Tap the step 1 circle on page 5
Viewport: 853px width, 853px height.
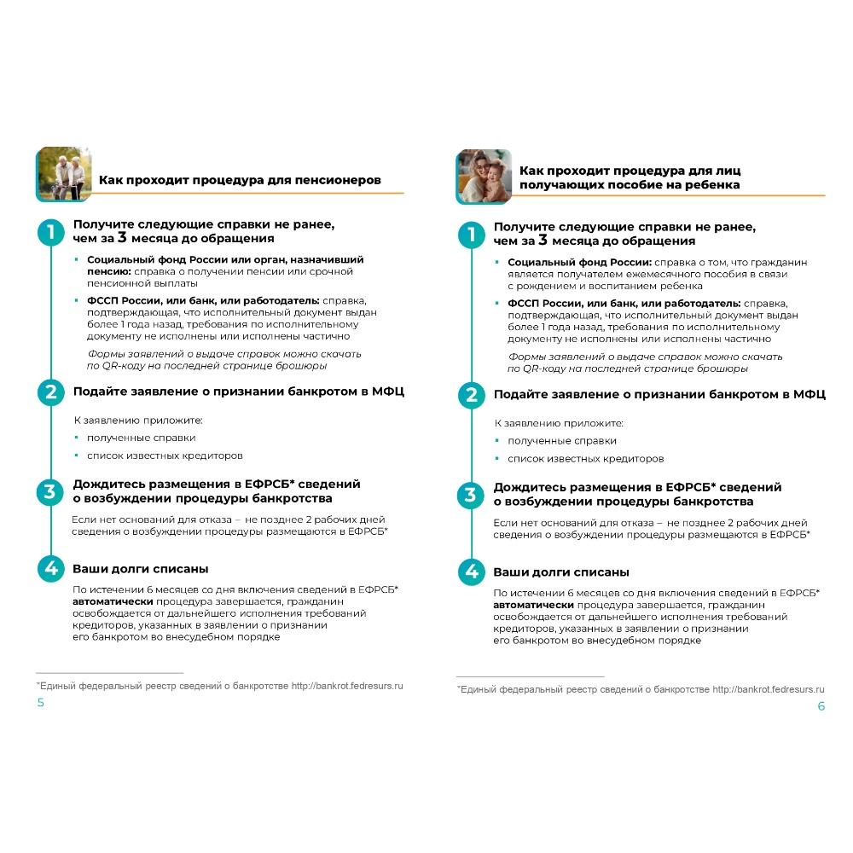point(50,231)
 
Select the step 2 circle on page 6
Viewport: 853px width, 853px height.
point(471,395)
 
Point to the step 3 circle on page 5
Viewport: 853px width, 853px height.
point(50,491)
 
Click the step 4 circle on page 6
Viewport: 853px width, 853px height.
point(471,572)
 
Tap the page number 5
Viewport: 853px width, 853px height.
point(40,703)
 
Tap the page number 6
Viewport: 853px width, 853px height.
point(821,706)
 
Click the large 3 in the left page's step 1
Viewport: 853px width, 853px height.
point(124,239)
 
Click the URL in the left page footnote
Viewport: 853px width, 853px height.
point(347,685)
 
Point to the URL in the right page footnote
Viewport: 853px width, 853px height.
point(768,688)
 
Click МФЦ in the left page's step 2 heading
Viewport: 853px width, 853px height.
point(389,392)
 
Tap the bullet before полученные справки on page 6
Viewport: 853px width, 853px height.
point(497,441)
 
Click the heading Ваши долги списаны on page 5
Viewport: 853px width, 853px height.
point(140,569)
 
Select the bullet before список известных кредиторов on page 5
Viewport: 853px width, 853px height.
point(77,456)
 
